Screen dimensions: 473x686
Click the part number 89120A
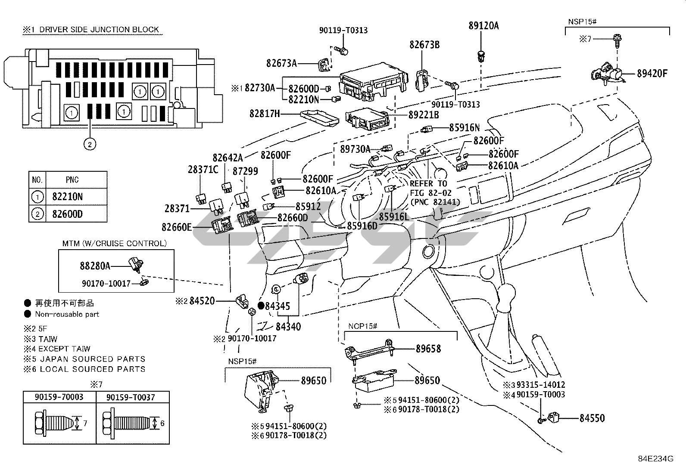483,26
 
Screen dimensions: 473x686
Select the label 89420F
652,74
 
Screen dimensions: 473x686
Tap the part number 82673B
424,44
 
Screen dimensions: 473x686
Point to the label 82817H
265,114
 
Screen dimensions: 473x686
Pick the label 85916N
464,127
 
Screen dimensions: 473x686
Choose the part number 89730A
355,149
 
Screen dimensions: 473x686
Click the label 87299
245,171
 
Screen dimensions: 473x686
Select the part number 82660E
177,226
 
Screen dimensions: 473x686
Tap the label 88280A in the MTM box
95,266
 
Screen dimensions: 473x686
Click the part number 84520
202,301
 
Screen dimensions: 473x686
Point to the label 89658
428,349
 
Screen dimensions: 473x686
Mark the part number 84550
592,418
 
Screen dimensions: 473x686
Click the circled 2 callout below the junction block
90,144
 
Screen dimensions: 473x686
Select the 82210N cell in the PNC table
67,197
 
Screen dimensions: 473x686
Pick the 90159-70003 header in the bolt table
59,397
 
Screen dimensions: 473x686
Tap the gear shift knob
507,297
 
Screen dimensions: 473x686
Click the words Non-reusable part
67,315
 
